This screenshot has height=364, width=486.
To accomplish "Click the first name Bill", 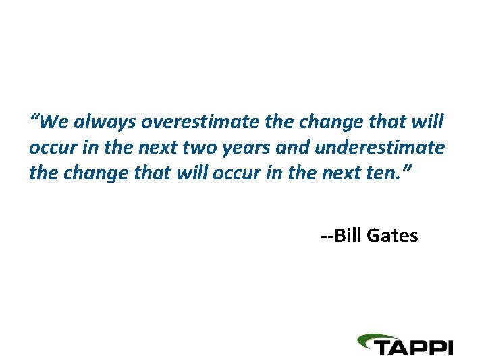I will (349, 236).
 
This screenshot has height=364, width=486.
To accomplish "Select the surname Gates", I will (393, 236).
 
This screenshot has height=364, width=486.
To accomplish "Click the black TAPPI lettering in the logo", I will (414, 347).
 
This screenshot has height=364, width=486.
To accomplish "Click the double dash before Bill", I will (327, 237).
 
